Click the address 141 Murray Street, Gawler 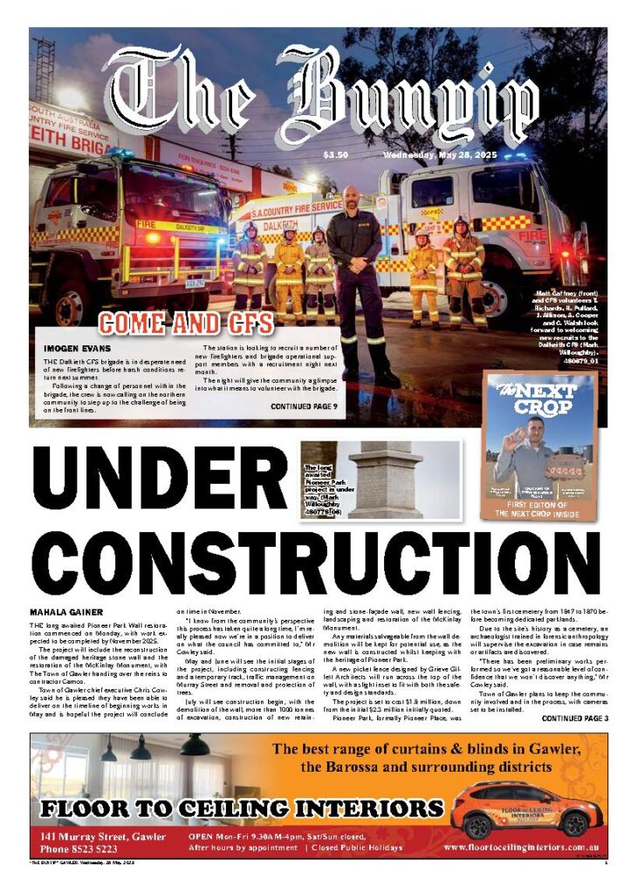point(102,835)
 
